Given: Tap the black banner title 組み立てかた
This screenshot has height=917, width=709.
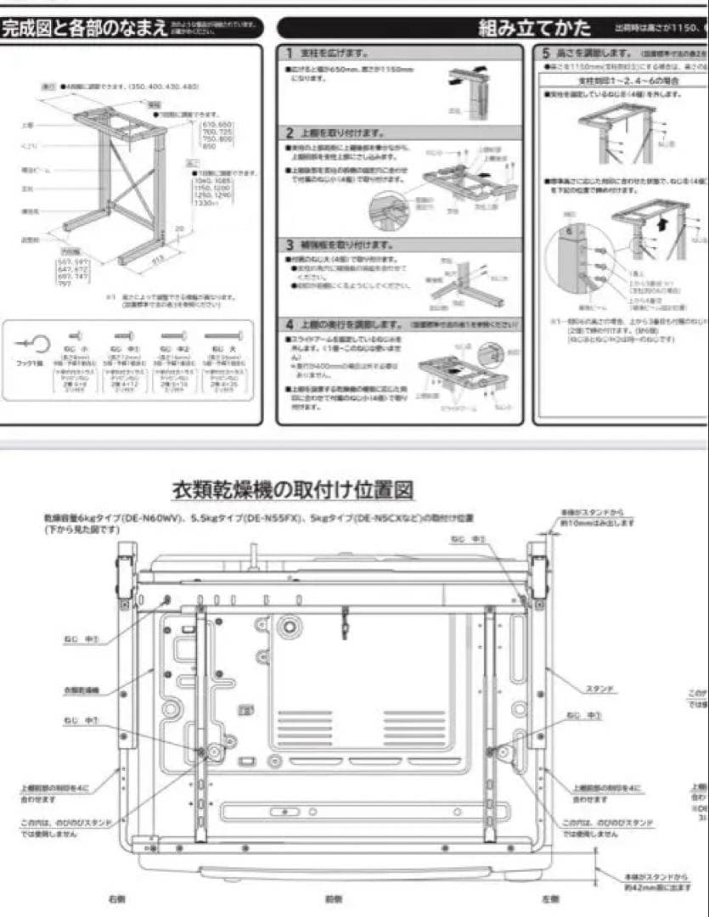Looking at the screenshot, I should (x=534, y=28).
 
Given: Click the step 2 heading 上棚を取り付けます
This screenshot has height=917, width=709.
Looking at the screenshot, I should (x=335, y=132).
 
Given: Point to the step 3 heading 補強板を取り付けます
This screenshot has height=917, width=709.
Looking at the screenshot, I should (x=340, y=245).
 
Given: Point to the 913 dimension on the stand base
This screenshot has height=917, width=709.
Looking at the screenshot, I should (x=158, y=260).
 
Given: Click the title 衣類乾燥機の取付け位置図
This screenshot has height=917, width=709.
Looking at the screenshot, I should (x=293, y=491).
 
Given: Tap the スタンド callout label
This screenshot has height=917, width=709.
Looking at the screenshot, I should (x=599, y=689).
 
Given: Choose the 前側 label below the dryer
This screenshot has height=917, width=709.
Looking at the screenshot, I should (x=334, y=898).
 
